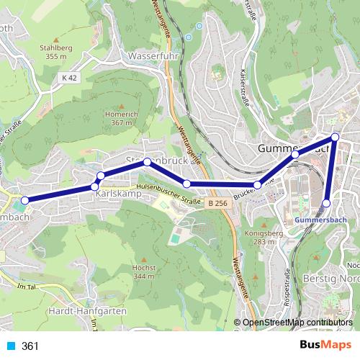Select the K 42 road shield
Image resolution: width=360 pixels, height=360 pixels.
pyautogui.click(x=69, y=77)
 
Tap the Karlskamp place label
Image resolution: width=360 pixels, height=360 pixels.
pyautogui.click(x=117, y=194)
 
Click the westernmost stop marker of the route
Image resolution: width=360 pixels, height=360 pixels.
pyautogui.click(x=25, y=201)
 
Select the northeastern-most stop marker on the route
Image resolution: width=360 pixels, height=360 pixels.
pyautogui.click(x=335, y=137)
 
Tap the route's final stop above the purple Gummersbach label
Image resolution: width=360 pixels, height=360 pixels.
pyautogui.click(x=327, y=203)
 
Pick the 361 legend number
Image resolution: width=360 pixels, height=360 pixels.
pyautogui.click(x=30, y=346)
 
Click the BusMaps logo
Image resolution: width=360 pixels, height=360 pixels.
pyautogui.click(x=325, y=346)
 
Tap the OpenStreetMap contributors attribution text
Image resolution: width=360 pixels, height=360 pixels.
pyautogui.click(x=297, y=323)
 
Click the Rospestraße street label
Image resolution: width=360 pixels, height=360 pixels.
pyautogui.click(x=287, y=287)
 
